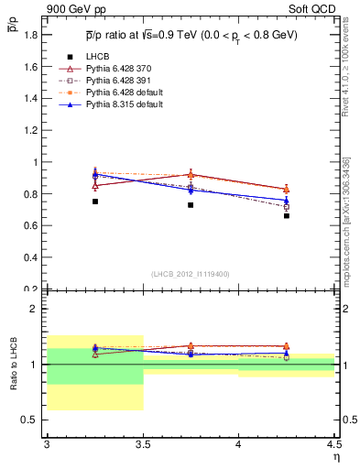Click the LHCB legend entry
pyautogui.click(x=97, y=58)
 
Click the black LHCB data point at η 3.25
pyautogui.click(x=95, y=202)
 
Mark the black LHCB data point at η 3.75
pyautogui.click(x=191, y=205)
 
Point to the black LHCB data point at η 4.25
pyautogui.click(x=287, y=216)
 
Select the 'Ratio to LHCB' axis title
pyautogui.click(x=15, y=366)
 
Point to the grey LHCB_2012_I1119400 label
pyautogui.click(x=190, y=274)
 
